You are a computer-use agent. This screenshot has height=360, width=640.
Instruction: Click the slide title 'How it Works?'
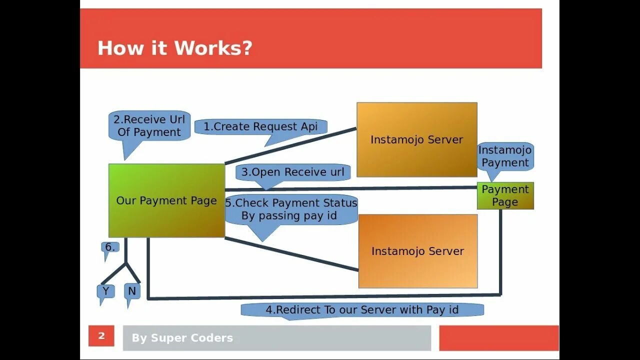tap(174, 48)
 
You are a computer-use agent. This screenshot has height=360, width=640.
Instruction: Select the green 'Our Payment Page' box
tap(166, 200)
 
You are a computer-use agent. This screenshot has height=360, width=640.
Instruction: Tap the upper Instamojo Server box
tap(416, 140)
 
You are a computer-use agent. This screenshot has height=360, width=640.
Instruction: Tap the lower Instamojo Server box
tap(417, 251)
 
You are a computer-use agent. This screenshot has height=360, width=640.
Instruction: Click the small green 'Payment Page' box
tap(505, 195)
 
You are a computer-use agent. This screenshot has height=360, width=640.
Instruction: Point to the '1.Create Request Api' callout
tap(260, 126)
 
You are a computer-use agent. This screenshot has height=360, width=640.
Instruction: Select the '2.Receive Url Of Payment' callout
tap(149, 126)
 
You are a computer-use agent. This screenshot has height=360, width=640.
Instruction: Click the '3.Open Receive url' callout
tap(293, 172)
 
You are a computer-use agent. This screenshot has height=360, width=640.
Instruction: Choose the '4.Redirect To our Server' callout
tap(362, 309)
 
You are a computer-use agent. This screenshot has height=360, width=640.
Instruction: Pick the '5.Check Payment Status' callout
tap(291, 209)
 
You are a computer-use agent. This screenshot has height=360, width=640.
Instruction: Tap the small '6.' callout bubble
tap(110, 247)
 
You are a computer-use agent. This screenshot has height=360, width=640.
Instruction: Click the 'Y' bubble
tap(105, 291)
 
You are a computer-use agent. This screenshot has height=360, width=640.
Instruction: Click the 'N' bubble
tap(132, 291)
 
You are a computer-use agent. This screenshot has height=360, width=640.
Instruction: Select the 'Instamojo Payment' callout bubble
tap(505, 156)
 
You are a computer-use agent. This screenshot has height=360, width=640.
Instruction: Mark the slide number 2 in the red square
tap(101, 336)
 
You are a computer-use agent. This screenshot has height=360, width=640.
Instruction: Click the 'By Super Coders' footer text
tap(182, 338)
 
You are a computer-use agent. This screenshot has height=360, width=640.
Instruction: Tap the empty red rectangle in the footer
tap(498, 338)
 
